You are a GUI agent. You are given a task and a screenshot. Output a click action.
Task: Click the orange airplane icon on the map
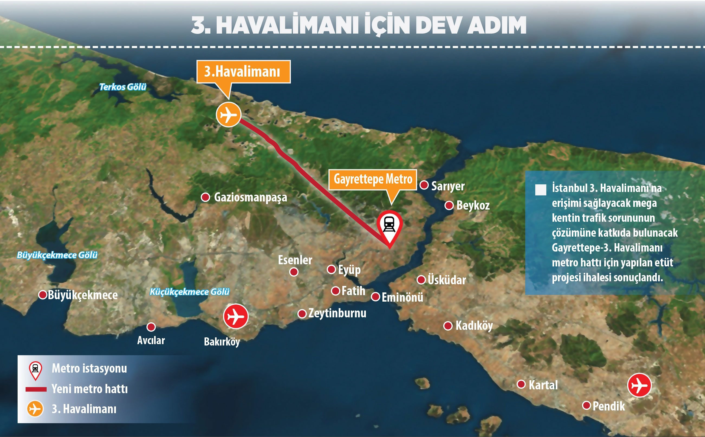coord(228,115)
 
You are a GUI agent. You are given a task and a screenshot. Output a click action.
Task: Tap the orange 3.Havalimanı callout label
coord(243,72)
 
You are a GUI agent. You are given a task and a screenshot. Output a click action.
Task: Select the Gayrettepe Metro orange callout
coord(373,180)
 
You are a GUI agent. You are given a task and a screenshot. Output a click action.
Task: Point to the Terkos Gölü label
coord(123,87)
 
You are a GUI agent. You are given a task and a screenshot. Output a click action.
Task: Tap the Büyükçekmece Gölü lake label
coord(57,255)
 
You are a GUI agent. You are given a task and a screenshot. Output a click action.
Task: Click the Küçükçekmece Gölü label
coord(189,292)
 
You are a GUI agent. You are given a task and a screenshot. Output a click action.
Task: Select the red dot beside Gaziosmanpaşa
coord(205,197)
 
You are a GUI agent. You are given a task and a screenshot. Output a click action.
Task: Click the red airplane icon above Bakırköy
coord(236,317)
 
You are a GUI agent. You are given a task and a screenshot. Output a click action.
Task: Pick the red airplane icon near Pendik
coord(639,385)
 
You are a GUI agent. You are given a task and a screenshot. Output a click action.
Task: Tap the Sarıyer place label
coord(448,186)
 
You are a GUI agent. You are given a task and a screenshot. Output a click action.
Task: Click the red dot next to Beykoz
coord(449,206)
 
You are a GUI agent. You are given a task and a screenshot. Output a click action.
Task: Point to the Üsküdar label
coord(447,280)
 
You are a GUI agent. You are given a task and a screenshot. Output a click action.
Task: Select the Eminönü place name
coord(402,297)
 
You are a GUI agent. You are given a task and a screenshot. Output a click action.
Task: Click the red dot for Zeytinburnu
coord(302,314)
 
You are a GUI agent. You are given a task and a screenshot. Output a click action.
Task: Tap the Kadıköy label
coord(474,326)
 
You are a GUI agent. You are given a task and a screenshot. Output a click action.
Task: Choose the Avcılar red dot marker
coord(151,327)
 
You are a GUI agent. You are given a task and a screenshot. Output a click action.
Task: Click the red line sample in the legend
coord(36,389)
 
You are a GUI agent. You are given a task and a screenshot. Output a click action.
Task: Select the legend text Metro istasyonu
coord(89,368)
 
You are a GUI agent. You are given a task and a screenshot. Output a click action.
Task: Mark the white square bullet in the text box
coord(541,190)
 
